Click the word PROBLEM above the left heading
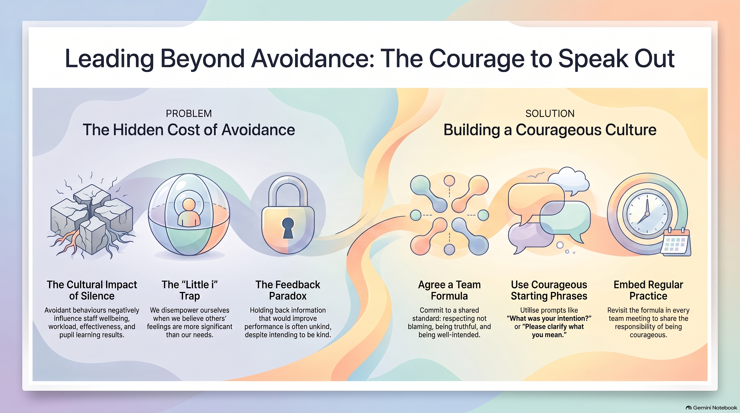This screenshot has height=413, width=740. click(x=189, y=113)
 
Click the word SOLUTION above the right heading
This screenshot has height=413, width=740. click(x=550, y=113)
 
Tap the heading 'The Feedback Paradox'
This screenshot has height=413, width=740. click(x=288, y=290)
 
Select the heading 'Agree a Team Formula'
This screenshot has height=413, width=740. click(x=449, y=290)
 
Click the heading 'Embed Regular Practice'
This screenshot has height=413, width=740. click(x=648, y=290)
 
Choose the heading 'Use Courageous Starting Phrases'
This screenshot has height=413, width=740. click(x=549, y=290)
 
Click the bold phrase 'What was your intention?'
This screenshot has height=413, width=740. click(x=549, y=319)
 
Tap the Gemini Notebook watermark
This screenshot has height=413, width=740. click(x=711, y=408)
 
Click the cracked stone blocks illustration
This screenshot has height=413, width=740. click(x=91, y=218)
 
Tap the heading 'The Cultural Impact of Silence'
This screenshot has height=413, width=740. click(x=92, y=290)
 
